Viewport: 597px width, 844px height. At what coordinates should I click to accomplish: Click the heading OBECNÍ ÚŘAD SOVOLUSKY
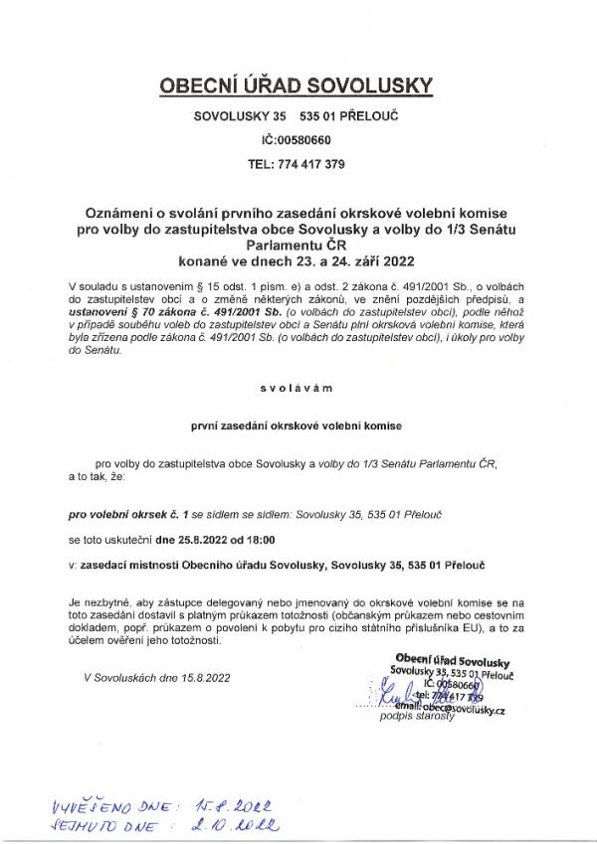tap(298, 86)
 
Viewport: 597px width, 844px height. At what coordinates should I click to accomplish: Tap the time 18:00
tap(259, 540)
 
